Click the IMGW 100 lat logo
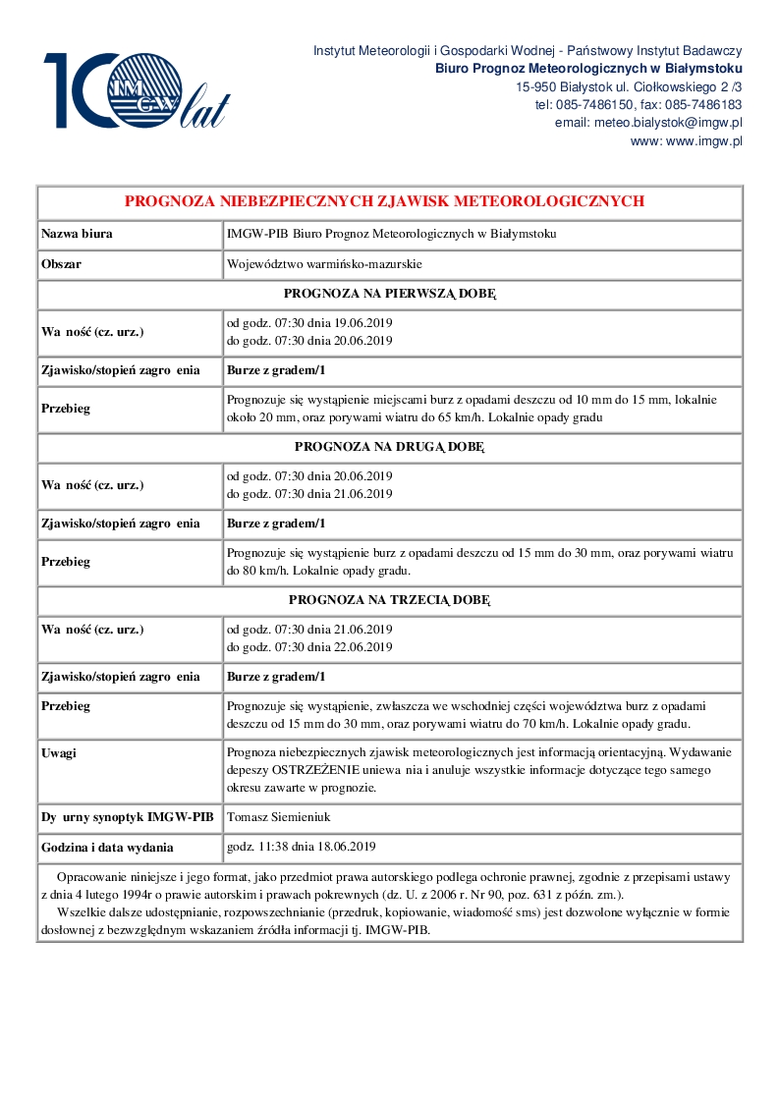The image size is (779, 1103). point(137,90)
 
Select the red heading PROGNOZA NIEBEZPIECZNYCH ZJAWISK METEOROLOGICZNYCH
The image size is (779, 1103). point(384,201)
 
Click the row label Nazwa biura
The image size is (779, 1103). point(77,234)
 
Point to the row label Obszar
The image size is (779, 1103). point(61,264)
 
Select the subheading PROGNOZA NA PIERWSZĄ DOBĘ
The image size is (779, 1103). point(390,294)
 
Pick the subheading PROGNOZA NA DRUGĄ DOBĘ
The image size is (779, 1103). point(390,447)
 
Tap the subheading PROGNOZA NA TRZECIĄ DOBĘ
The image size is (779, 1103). point(390,599)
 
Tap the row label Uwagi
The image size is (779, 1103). point(59,752)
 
